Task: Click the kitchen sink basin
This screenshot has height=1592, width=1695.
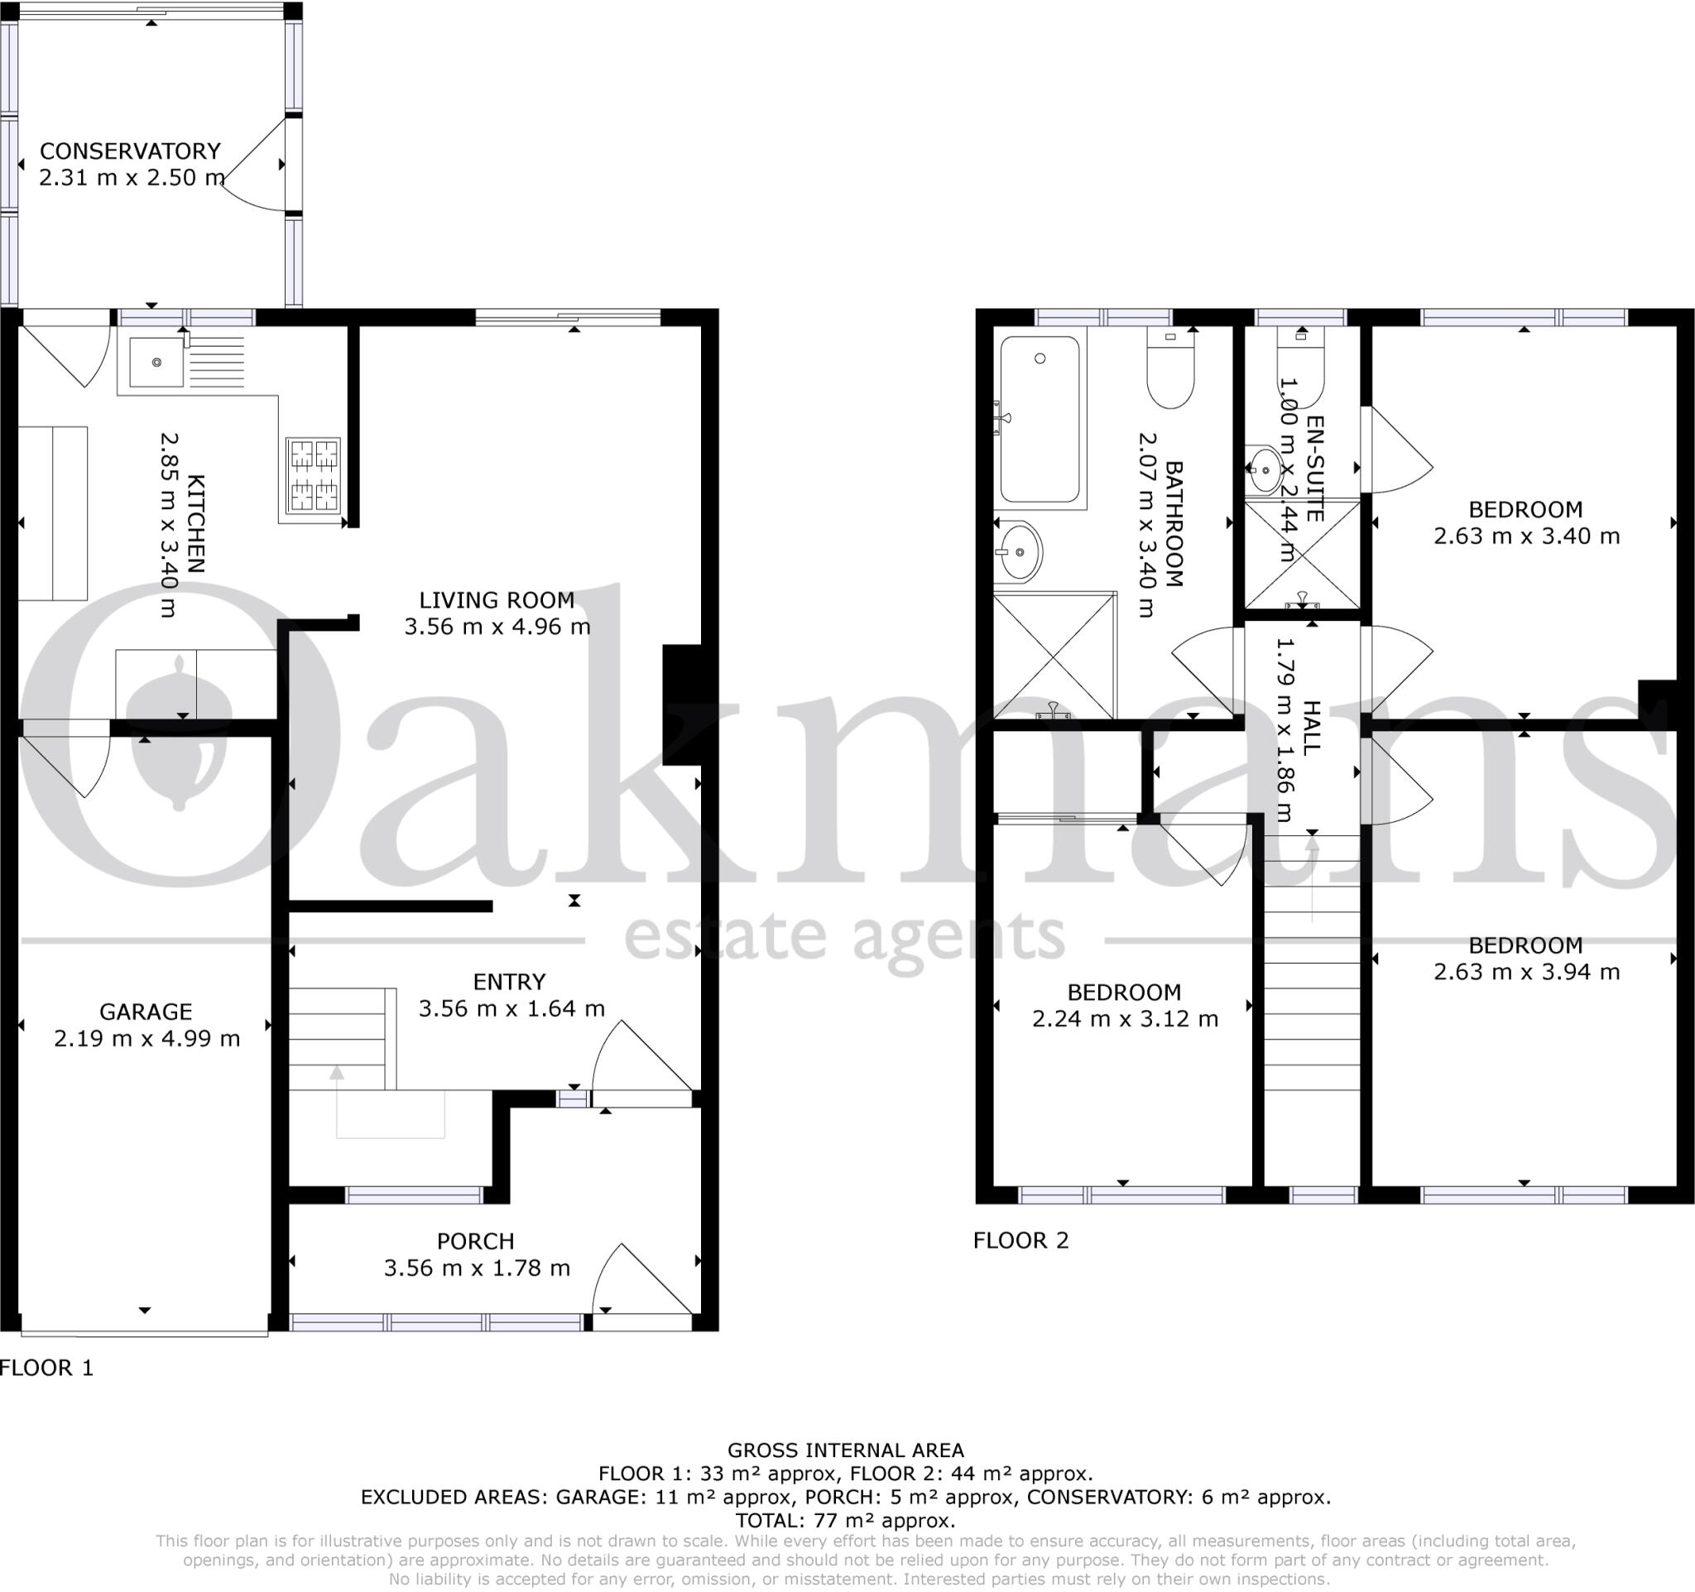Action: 157,363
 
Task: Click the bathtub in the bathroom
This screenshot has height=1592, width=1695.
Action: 1040,421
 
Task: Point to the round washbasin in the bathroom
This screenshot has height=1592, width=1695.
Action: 1020,551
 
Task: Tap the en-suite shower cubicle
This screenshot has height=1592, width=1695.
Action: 1302,554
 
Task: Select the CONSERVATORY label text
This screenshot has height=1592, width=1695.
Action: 131,151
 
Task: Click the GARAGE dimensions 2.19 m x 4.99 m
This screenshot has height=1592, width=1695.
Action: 146,1039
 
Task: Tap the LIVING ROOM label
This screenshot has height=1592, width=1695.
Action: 497,600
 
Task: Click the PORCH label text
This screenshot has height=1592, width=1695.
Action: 476,1241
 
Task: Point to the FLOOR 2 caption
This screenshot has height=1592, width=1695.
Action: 1020,1240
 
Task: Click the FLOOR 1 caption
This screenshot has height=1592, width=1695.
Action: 47,1368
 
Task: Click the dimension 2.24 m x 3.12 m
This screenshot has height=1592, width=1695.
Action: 1125,1019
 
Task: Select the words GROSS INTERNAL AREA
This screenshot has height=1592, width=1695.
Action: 845,1450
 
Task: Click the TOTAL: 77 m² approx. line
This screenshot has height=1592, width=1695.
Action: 845,1520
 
